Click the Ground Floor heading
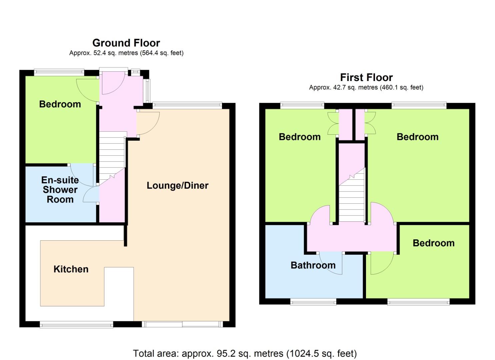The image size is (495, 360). tap(126, 43)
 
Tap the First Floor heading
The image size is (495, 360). tap(366, 78)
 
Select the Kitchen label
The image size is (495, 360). tap(71, 269)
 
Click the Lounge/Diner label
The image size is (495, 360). tap(177, 186)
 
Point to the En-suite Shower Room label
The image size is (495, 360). tap(60, 190)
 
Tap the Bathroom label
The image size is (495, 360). tap(313, 265)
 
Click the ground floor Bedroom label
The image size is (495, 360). tap(60, 104)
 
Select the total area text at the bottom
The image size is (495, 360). tap(245, 353)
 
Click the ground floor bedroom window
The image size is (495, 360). tap(59, 72)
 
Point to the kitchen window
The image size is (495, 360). tap(76, 324)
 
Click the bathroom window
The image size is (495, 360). tap(313, 302)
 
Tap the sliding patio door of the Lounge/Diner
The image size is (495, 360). tap(182, 324)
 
